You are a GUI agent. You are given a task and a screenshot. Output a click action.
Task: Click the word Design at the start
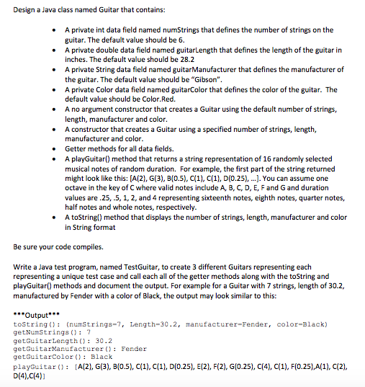[27, 9]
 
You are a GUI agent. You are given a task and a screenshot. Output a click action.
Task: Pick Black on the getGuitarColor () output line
[102, 356]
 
